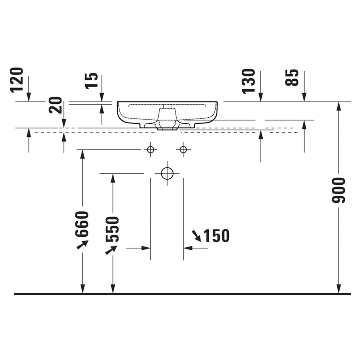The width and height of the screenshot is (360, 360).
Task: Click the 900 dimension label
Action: tap(339, 190)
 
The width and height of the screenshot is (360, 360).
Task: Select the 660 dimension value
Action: tap(83, 223)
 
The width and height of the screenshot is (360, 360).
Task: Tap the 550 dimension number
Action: tap(112, 229)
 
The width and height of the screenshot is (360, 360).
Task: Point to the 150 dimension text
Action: tap(216, 236)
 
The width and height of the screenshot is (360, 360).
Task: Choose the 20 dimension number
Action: tap(55, 105)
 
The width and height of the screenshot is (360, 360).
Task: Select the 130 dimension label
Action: tap(249, 80)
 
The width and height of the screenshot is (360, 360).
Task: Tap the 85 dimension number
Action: tap(292, 78)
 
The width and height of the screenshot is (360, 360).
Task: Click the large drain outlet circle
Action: tap(167, 173)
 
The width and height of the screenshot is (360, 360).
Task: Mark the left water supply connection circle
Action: tap(150, 150)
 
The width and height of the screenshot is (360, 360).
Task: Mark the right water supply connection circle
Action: tap(183, 150)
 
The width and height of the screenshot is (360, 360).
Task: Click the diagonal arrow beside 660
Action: tap(82, 244)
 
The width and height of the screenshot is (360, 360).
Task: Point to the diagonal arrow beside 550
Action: tap(111, 249)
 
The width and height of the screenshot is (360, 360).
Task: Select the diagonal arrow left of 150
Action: tap(197, 235)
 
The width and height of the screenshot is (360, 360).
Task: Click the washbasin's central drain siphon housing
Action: tap(167, 119)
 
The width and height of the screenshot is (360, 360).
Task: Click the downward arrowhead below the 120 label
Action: tap(28, 97)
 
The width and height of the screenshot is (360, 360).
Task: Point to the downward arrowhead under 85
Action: tap(304, 97)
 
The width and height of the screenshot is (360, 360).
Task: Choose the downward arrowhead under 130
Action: tap(260, 97)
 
